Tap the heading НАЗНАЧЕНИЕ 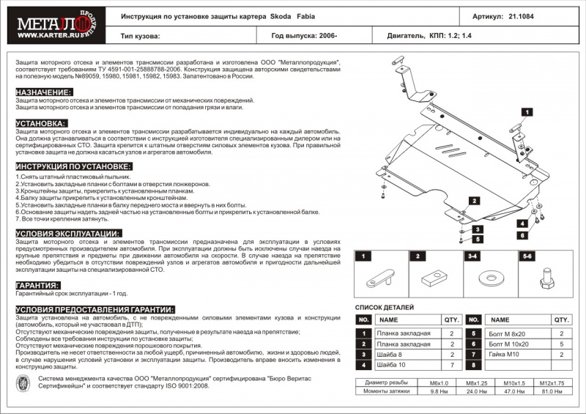45,92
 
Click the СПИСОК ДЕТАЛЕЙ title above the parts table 385,308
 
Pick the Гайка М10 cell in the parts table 506,354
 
